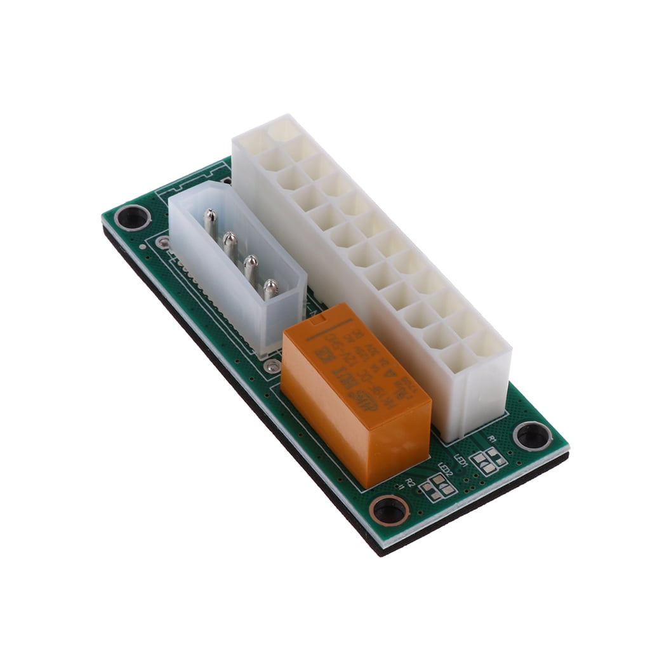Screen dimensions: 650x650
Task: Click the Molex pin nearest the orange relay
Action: coord(270,289)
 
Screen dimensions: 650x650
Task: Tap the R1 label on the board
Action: coord(492,438)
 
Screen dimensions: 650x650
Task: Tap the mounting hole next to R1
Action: coord(532,435)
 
